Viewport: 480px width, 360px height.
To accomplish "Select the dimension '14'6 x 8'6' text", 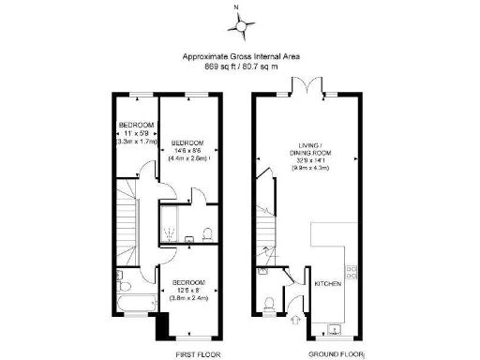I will pyautogui.click(x=188, y=150).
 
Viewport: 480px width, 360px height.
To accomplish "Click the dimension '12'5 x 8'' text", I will pyautogui.click(x=190, y=290).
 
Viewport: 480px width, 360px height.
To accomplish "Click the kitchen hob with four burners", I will pyautogui.click(x=352, y=273).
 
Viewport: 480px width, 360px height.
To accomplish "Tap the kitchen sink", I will pyautogui.click(x=337, y=325).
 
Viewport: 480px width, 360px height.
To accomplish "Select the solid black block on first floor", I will pyautogui.click(x=161, y=325).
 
